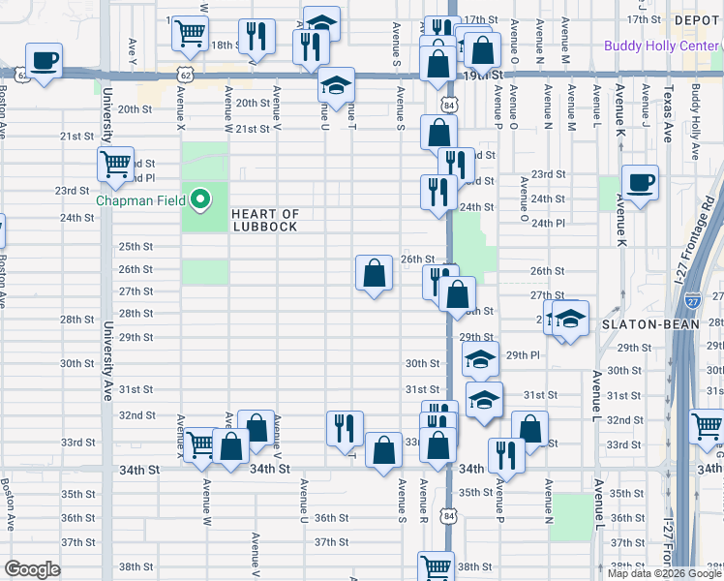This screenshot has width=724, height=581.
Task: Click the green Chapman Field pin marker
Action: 200,200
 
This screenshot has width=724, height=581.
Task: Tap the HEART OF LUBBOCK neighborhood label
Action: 264,220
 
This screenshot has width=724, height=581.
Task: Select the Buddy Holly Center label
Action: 648,46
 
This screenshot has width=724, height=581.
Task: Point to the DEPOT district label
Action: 697,19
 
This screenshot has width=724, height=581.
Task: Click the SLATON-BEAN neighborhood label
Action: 644,323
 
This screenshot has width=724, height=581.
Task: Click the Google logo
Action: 32,570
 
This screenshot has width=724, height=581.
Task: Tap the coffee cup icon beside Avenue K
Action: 640,181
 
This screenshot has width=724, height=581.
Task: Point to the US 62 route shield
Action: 184,74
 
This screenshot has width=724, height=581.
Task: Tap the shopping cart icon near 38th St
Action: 436,566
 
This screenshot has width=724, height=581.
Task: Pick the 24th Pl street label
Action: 548,223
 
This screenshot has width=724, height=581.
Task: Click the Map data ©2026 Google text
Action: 665,572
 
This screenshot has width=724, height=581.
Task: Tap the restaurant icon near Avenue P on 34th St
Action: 506,453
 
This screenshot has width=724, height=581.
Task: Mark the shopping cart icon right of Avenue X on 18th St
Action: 190,33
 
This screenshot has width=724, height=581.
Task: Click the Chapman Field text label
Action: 144,201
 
